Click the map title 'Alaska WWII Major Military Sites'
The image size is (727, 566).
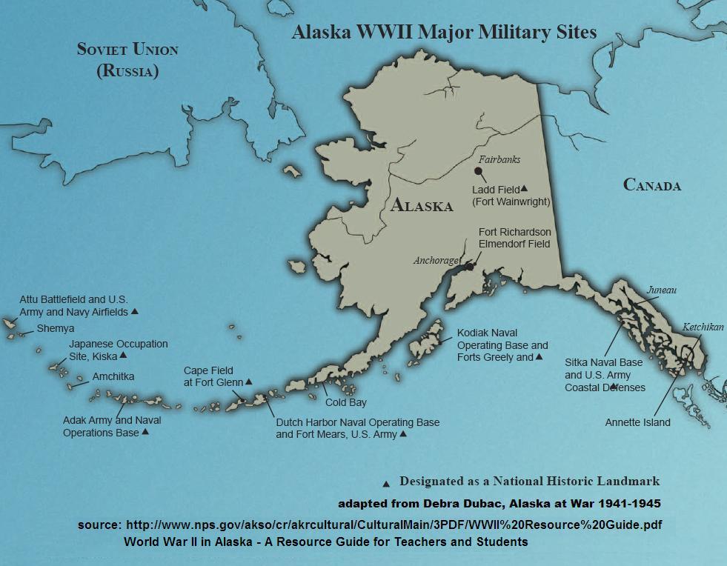[x=444, y=33]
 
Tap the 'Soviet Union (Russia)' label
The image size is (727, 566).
[x=127, y=60]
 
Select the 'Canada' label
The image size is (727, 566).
[x=651, y=185]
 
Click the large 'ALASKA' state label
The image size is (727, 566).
[x=421, y=206]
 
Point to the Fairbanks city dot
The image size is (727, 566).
[x=479, y=171]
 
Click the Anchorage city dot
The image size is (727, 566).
[x=468, y=265]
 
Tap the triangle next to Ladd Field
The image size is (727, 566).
[x=524, y=188]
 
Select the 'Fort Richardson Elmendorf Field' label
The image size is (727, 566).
[x=514, y=238]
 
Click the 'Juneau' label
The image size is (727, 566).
[x=661, y=290]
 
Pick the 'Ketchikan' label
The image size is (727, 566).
[x=703, y=327]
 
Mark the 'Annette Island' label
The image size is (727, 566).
[x=637, y=422]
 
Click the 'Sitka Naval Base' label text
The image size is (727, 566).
[x=603, y=363]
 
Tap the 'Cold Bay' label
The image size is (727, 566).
[x=346, y=403]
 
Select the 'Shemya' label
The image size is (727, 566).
[x=56, y=328]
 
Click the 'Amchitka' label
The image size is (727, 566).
[x=113, y=376]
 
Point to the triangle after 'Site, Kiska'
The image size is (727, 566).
[x=123, y=356]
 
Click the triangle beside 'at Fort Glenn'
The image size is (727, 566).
[x=249, y=382]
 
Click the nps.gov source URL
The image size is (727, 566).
[x=394, y=525]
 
